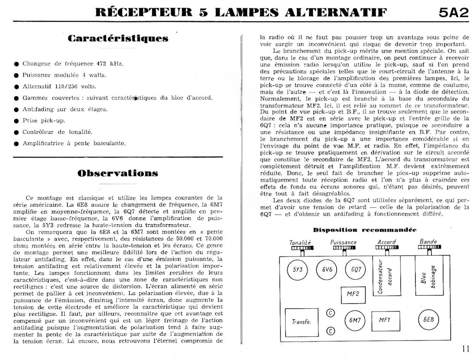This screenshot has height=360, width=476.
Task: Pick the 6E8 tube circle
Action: point(429,320)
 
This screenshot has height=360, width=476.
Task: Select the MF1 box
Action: point(385,321)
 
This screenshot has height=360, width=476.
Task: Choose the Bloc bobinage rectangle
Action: point(428,276)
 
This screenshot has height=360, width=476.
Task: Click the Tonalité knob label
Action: point(300,242)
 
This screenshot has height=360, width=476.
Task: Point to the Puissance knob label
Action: point(343,242)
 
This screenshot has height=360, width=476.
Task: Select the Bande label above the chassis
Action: point(428,241)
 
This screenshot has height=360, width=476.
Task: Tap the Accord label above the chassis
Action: point(386,242)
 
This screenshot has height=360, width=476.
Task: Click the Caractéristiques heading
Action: point(118,38)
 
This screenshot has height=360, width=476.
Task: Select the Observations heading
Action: point(118,173)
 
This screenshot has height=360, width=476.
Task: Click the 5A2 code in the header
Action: point(453,13)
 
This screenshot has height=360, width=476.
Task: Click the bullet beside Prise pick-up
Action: point(16,121)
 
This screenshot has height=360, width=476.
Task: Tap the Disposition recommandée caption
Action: point(364,230)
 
